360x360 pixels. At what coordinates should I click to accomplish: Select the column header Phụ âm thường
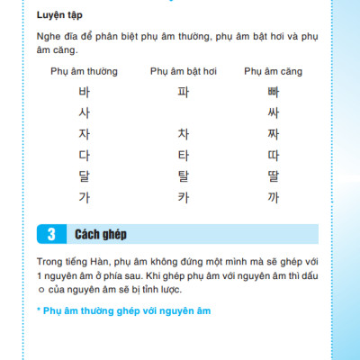tap(84, 70)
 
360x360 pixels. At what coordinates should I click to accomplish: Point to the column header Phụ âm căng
tap(274, 70)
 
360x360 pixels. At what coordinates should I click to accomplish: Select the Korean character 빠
tap(274, 92)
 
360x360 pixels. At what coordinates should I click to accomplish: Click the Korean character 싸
tap(274, 112)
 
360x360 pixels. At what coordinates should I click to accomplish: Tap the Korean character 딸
tap(274, 176)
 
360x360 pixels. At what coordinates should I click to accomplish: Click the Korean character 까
tap(274, 197)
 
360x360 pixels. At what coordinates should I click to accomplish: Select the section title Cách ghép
tap(101, 234)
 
